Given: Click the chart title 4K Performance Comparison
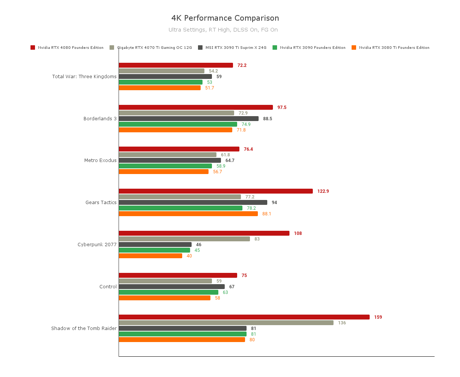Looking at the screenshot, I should pos(225,18).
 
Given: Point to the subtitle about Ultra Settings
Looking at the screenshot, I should pos(223,30).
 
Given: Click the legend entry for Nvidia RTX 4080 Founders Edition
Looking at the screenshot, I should pos(67,48).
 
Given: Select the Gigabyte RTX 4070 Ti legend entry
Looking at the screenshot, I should pos(151,48).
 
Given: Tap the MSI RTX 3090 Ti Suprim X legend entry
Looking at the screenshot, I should pos(232,48).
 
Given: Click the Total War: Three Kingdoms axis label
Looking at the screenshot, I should pos(84,77).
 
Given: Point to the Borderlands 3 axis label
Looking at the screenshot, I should pos(100,119).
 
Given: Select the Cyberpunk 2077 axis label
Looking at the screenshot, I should pos(97,245).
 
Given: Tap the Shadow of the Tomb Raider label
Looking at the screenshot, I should pos(84,329).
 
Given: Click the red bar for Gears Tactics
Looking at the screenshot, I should pos(216,191).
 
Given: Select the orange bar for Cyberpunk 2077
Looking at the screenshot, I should pos(151,256).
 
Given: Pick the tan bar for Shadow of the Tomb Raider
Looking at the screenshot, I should pos(226,323).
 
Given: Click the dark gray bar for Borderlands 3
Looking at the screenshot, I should pos(189,119).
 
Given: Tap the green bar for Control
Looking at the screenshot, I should pos(168,292).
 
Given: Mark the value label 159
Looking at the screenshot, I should pos(378,317).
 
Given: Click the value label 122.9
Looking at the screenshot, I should pos(323,191).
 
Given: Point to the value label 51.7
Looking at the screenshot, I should pos(209,88).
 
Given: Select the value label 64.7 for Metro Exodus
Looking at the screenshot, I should pos(230,160).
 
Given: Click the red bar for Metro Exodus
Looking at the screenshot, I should pos(179,149).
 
